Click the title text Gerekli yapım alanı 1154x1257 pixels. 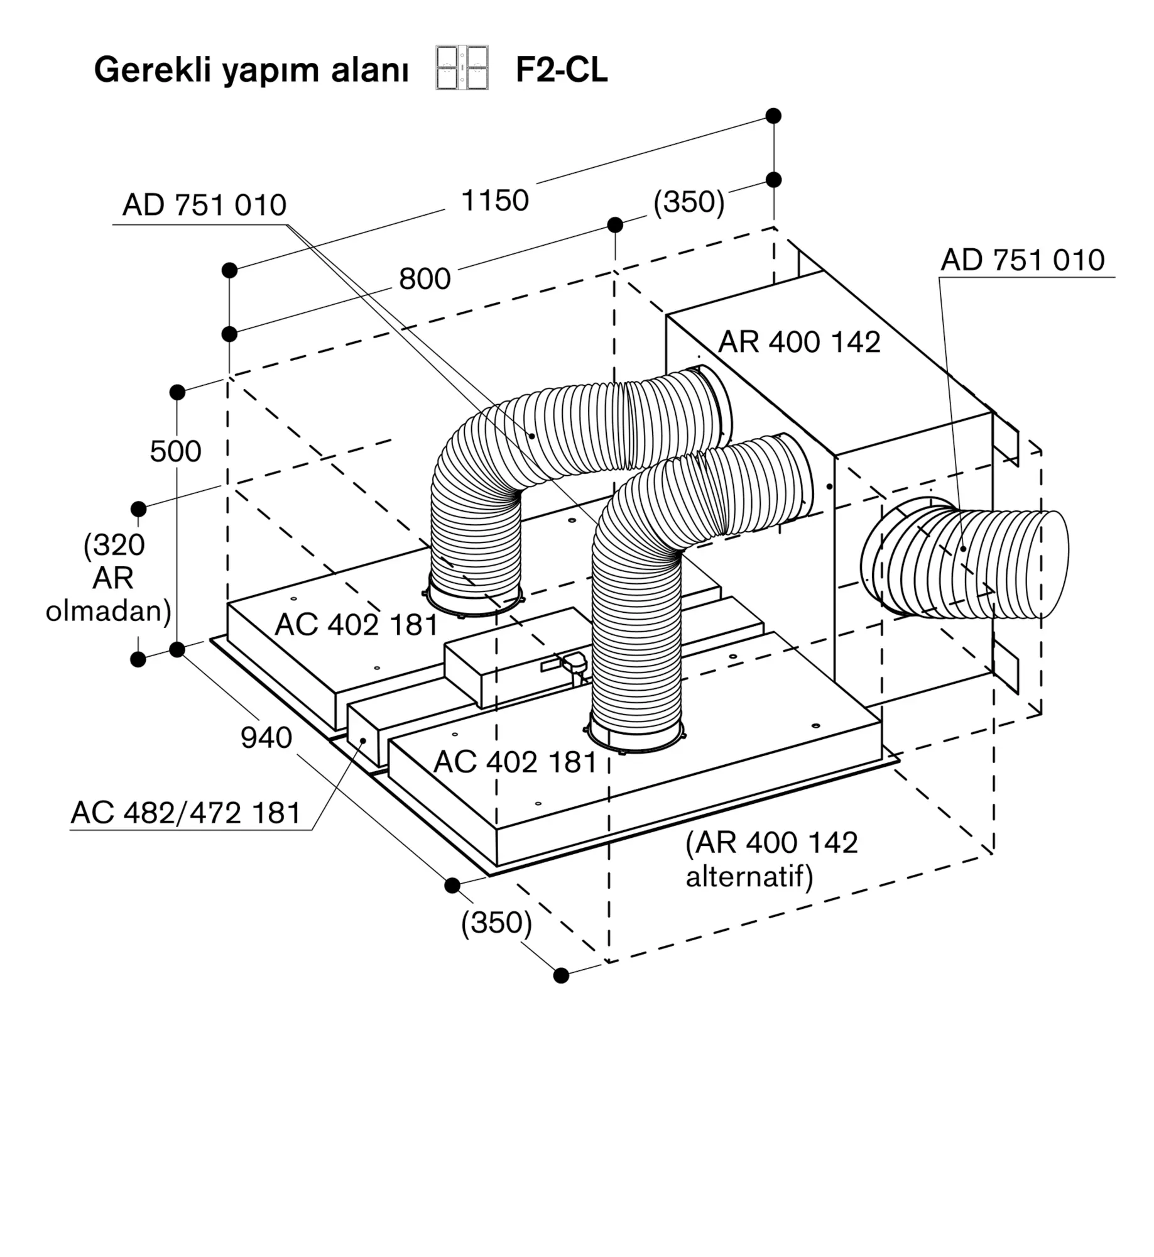point(251,69)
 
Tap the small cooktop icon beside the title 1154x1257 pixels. point(462,67)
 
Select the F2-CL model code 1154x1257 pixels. point(561,69)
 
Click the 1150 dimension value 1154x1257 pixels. point(494,201)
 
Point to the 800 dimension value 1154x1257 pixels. point(425,278)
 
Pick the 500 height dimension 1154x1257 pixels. point(175,451)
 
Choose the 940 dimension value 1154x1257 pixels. point(266,737)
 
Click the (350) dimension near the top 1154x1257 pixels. point(689,202)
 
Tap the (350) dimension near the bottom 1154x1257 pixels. point(496,923)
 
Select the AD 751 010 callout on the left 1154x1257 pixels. point(204,205)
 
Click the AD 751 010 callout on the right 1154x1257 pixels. point(1022,260)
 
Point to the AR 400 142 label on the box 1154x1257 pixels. point(799,342)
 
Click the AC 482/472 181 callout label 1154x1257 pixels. point(186,813)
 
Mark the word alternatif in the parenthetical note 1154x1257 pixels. point(749,876)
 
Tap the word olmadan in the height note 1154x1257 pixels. point(108,610)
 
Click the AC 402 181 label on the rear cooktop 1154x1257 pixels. point(356,625)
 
